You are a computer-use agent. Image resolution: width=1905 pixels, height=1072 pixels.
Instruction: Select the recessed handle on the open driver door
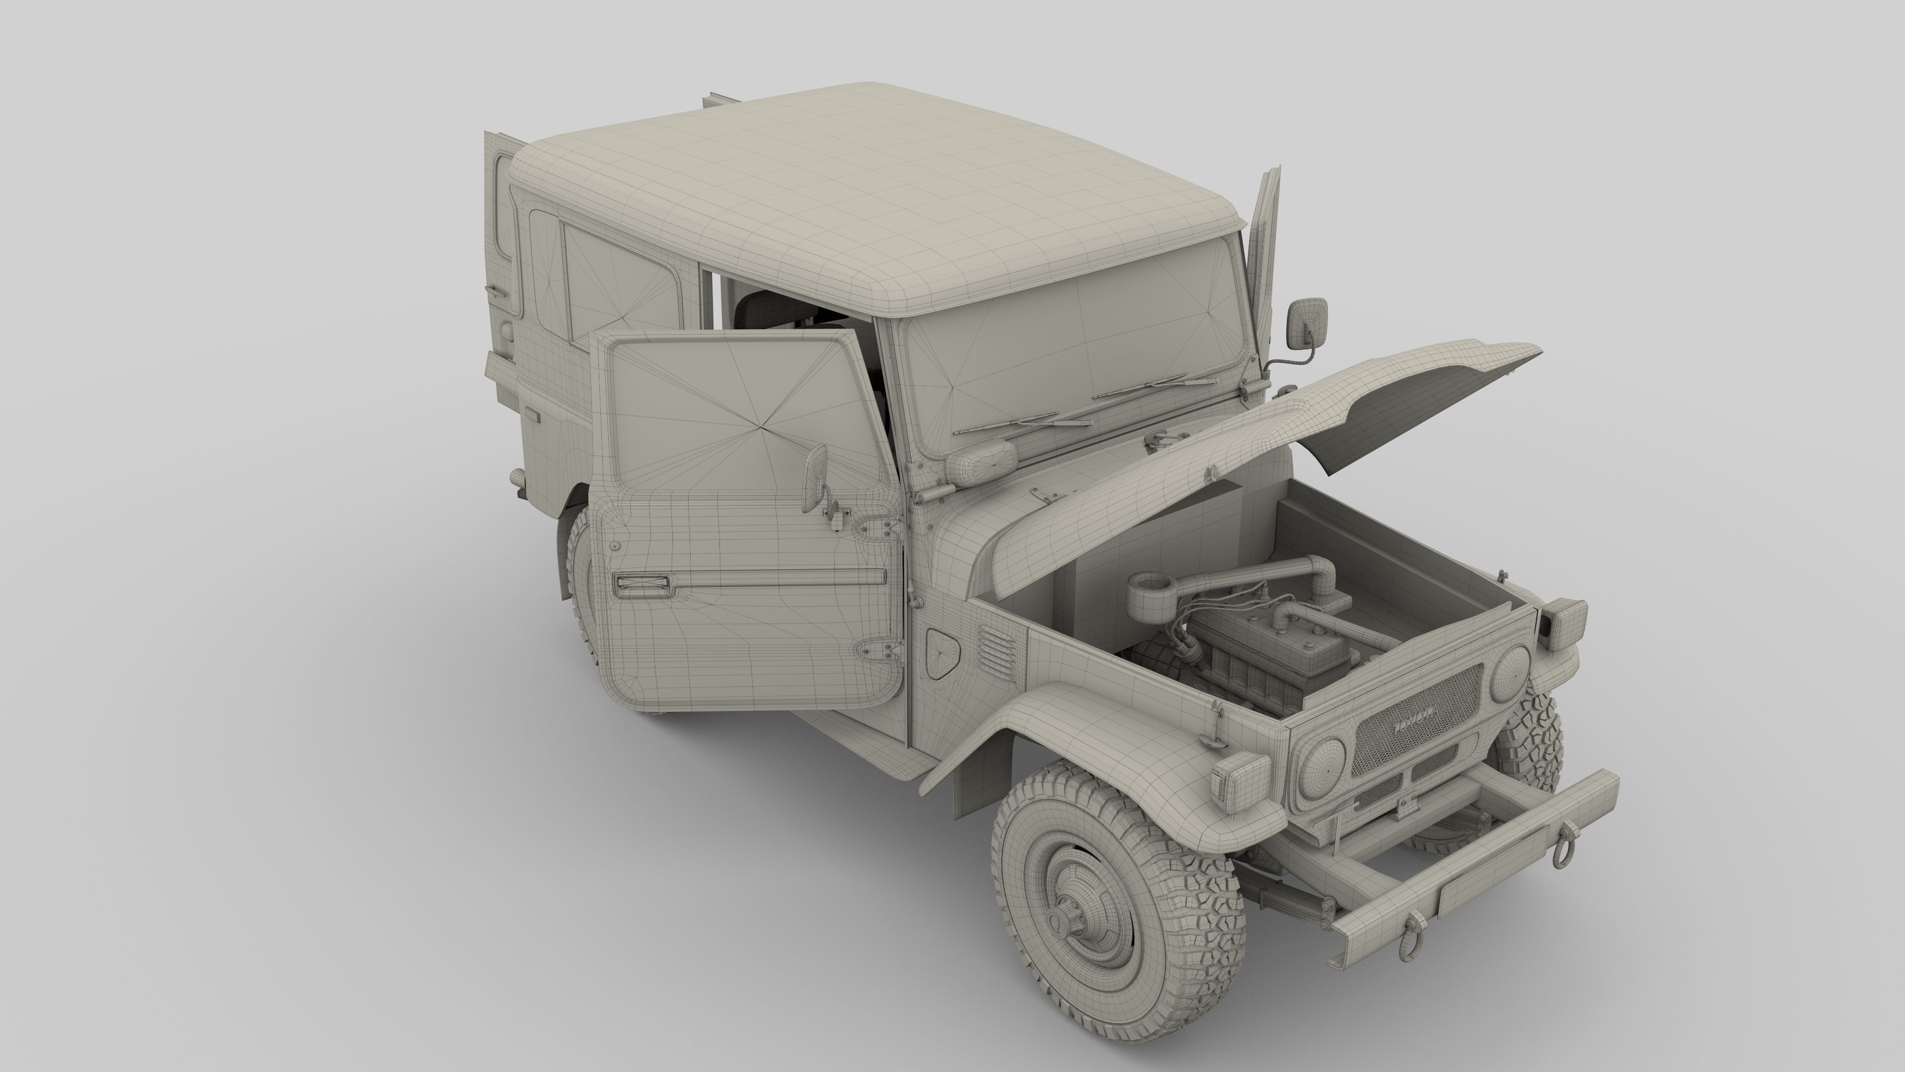coord(642,585)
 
